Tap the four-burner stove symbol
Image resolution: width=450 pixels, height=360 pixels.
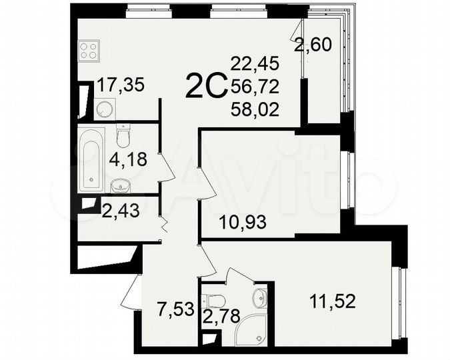[89, 49]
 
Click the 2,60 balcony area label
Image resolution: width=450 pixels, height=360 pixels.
[312, 47]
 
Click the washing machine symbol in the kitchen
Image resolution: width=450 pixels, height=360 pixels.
[103, 108]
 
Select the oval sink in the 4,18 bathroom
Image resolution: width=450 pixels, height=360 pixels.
[120, 185]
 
